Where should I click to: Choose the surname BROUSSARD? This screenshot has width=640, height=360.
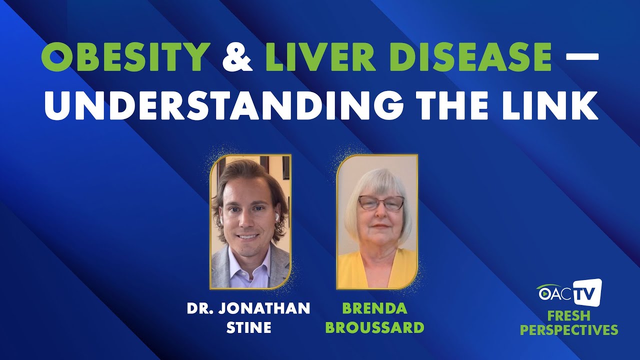pyautogui.click(x=382, y=327)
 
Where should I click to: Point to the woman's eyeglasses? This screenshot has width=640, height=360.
pyautogui.click(x=381, y=203)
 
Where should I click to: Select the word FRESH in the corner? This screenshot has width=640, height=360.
pyautogui.click(x=568, y=316)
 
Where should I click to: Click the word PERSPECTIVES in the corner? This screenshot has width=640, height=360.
pyautogui.click(x=568, y=330)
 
